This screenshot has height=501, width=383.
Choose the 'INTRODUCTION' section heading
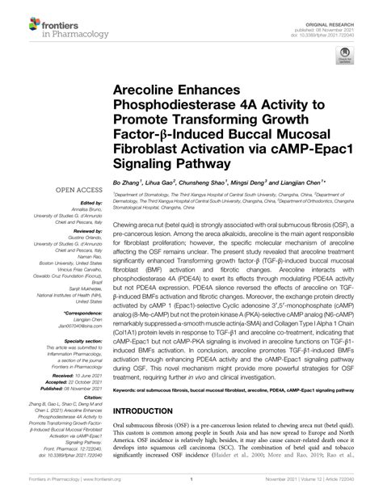[150, 411]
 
